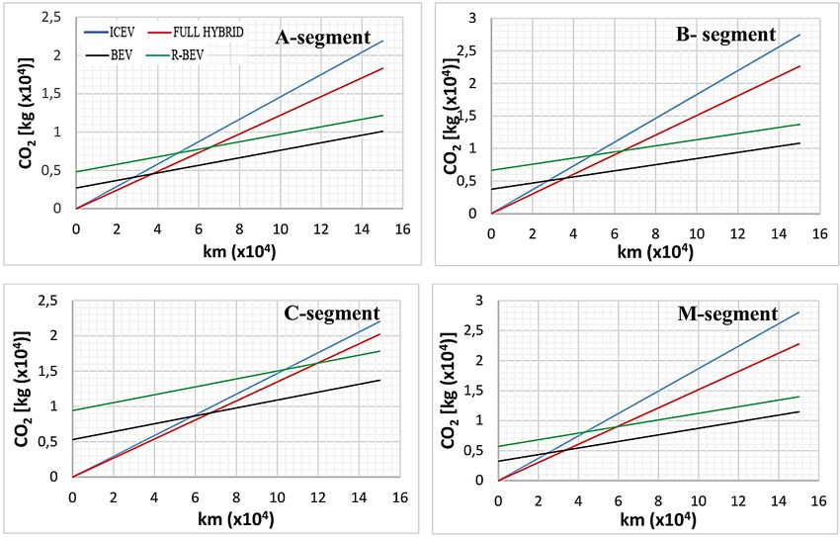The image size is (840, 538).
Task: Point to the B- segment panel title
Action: coord(725,36)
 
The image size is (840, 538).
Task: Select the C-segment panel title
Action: coord(333,315)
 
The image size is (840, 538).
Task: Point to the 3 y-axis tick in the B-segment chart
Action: coord(472,19)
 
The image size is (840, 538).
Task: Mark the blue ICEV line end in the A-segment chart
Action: coord(381,41)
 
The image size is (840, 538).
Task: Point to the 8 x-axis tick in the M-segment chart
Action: coord(658,499)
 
